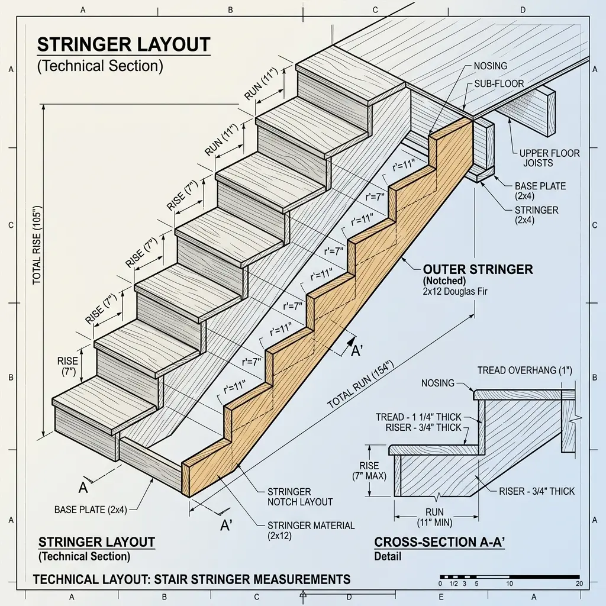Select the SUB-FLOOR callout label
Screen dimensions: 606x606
(x=499, y=84)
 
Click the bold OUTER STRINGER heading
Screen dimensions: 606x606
(x=478, y=269)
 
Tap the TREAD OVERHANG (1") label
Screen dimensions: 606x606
(x=524, y=370)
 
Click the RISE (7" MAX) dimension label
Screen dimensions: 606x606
(x=373, y=470)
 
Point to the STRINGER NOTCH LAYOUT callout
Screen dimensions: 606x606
(x=300, y=497)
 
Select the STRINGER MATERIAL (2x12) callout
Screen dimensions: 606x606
(x=311, y=530)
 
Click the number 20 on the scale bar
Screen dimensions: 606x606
(x=579, y=584)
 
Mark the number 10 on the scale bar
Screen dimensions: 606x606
(x=509, y=584)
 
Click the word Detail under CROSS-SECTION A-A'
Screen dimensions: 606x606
(x=388, y=556)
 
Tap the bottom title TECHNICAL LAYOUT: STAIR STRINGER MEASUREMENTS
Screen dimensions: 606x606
(x=191, y=579)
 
